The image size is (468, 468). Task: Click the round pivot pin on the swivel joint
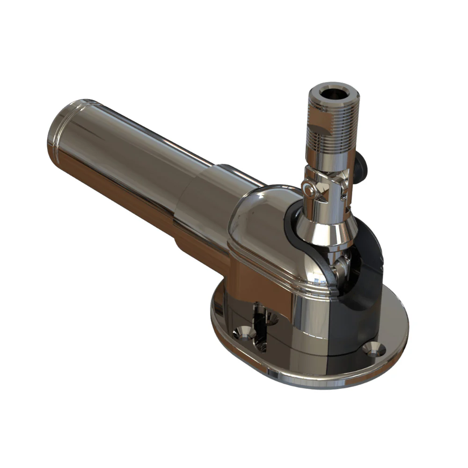[307, 190]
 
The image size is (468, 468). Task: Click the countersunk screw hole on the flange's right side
[375, 348]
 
